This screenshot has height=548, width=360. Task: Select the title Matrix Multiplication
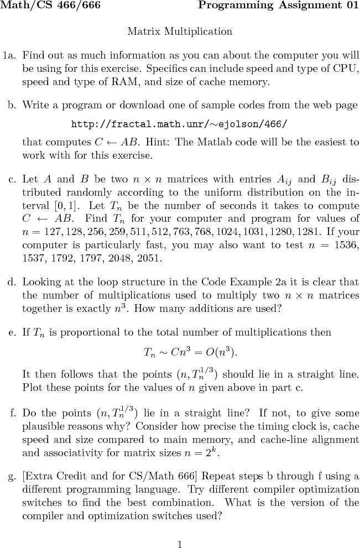[180, 32]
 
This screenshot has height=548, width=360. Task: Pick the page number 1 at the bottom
[180, 544]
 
